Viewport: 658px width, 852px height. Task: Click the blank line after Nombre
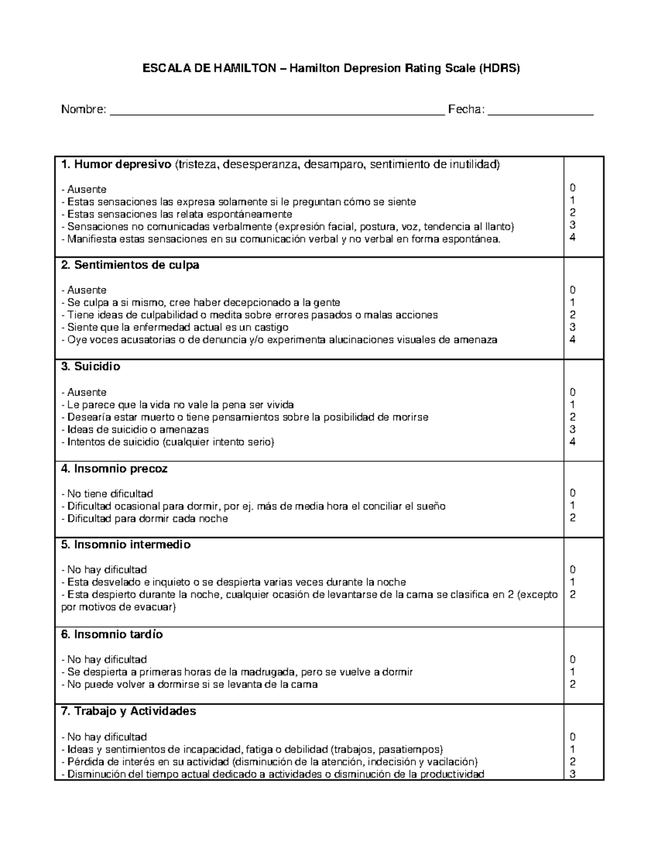[x=277, y=111]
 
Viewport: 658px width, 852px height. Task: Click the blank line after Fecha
[x=540, y=111]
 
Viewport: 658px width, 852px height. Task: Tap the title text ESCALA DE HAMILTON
[x=213, y=69]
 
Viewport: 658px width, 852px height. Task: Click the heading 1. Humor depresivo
[x=116, y=165]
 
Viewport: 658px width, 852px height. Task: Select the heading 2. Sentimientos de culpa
[x=130, y=266]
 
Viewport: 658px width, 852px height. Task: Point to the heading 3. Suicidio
[x=90, y=366]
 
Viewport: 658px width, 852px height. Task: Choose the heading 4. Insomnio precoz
[x=114, y=469]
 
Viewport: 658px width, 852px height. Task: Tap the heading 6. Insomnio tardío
[x=112, y=635]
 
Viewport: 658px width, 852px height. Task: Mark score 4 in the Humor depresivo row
[x=572, y=238]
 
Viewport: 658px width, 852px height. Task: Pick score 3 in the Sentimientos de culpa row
[x=572, y=328]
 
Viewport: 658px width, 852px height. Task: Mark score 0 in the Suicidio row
[x=572, y=392]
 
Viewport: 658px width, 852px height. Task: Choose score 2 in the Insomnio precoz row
[x=572, y=518]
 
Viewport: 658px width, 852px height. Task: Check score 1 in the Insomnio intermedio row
[x=572, y=582]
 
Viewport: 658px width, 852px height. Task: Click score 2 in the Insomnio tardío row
[x=572, y=685]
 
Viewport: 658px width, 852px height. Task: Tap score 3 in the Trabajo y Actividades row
[x=572, y=775]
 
